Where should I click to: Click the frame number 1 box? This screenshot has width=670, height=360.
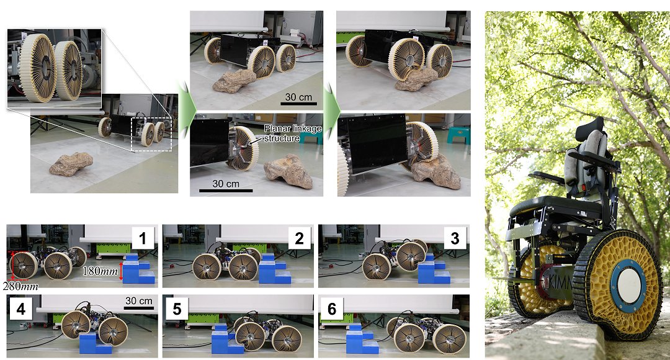click(143, 238)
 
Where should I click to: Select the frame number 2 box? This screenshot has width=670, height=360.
click(300, 238)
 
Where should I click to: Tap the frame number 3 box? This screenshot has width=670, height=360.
click(455, 238)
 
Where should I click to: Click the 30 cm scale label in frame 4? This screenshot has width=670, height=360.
click(138, 302)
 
